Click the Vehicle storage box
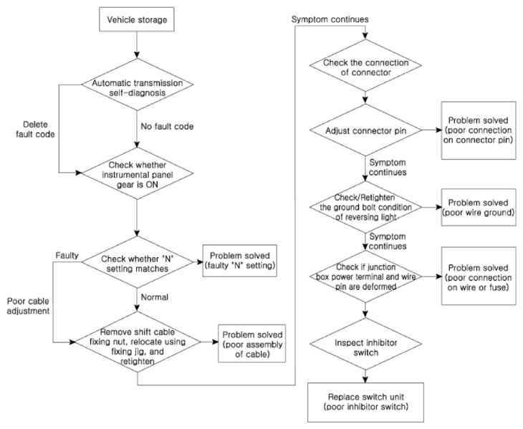point(137,19)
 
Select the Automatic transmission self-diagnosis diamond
point(138,85)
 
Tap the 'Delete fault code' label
point(35,130)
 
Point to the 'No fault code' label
point(167,127)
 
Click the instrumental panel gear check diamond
point(138,173)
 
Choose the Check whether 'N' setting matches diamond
point(138,262)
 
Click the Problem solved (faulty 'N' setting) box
point(240,261)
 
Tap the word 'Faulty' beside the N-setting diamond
point(67,256)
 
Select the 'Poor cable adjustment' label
point(29,306)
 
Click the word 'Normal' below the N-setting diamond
point(155,297)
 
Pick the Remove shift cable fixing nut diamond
point(138,342)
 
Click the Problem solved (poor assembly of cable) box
point(252,344)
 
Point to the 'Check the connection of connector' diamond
point(365,65)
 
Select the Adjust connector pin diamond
point(365,130)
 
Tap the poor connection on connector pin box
point(479,130)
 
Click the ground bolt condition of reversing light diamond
point(365,207)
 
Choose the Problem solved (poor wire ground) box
point(479,207)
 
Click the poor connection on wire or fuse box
point(479,276)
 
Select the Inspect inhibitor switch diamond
point(365,344)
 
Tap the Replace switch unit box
point(365,403)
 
